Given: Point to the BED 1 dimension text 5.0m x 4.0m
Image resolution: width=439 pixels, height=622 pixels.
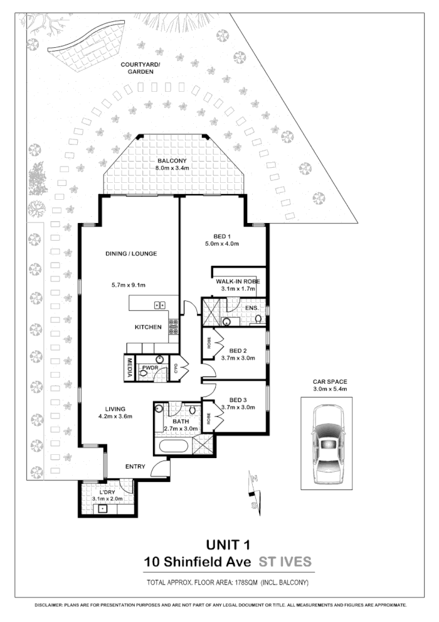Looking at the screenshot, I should coord(223,244).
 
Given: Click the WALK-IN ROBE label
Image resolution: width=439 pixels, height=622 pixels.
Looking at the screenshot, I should coord(238,281).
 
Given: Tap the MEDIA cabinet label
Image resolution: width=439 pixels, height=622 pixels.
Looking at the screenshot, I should coord(129,367).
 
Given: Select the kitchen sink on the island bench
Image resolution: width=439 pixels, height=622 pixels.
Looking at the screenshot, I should coord(160,305).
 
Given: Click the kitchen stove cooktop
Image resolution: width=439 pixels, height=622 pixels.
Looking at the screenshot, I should coord(173,327).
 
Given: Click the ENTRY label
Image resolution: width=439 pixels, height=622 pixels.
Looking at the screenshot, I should coord(135,467).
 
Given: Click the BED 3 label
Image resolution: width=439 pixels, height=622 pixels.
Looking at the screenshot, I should coord(238,400).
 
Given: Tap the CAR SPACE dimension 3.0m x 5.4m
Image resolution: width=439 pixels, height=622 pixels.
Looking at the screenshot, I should coord(329,390).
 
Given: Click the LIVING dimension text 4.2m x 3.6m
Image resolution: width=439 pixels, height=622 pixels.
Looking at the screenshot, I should coord(115,416).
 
